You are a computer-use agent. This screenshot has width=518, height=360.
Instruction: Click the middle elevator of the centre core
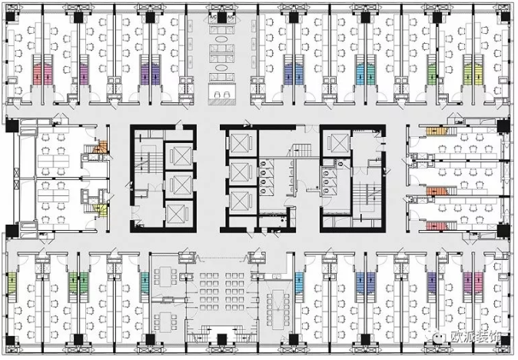tap(241, 171)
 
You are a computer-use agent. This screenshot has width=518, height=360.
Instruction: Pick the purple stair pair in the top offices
tap(149, 74)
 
